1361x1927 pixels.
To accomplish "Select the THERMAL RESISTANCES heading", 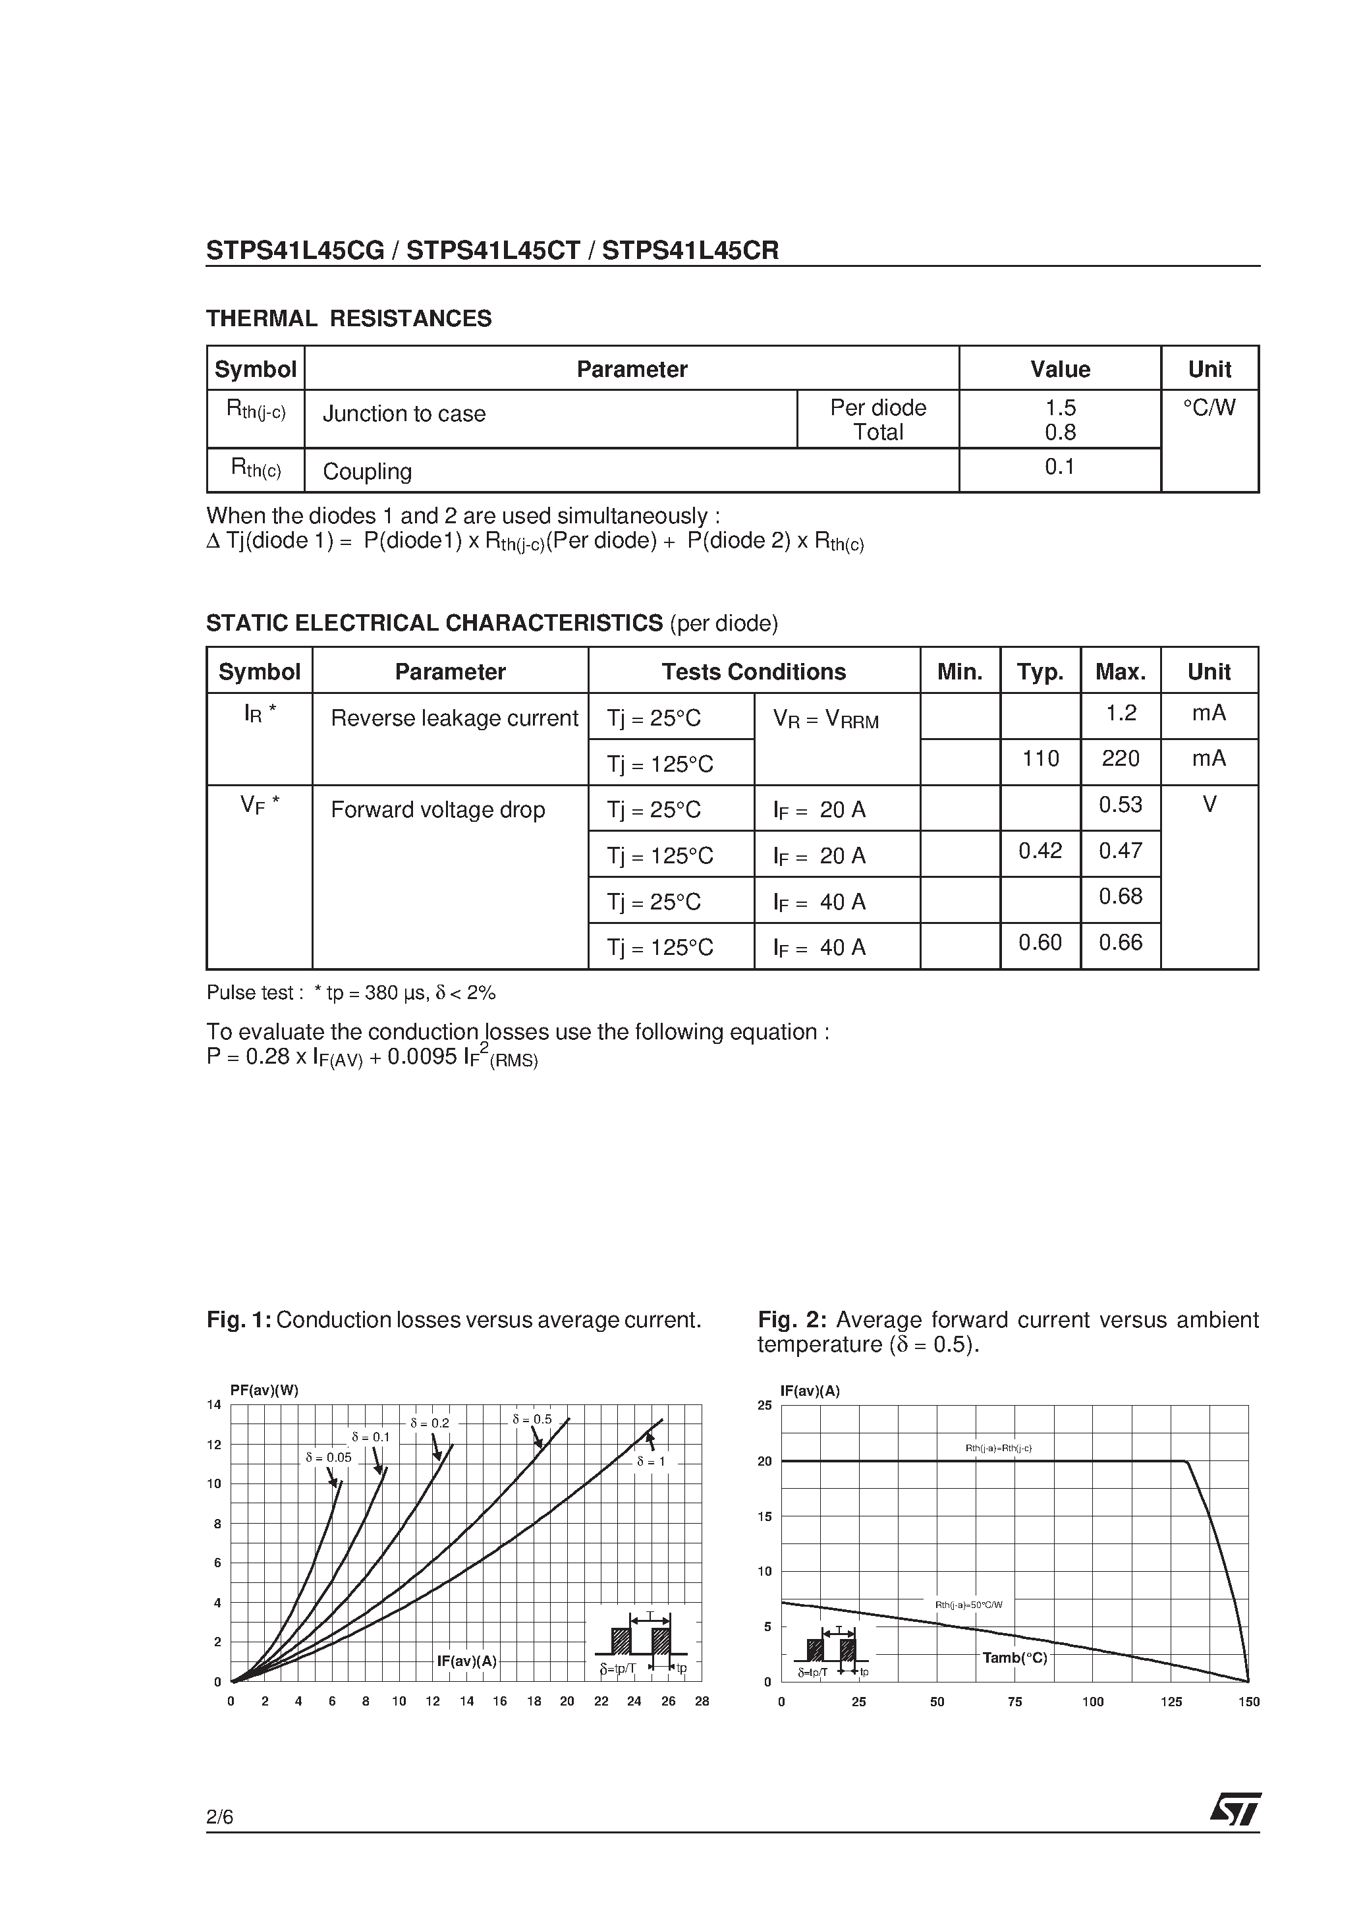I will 349,319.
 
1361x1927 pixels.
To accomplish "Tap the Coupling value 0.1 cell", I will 1060,467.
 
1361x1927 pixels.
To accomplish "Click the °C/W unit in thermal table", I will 1209,408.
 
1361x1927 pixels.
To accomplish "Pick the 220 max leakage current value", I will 1120,759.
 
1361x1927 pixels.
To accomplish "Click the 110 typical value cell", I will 1040,759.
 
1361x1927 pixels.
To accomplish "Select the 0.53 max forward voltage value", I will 1120,805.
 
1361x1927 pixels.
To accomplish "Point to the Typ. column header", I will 1040,672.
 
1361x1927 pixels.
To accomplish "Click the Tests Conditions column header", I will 754,672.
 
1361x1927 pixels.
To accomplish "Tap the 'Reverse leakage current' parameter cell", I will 454,718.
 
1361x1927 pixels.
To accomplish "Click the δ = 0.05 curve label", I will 328,1458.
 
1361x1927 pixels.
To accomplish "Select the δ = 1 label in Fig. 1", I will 651,1461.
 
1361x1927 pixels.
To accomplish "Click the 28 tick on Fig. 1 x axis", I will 702,1701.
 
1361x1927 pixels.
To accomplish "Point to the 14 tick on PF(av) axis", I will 214,1405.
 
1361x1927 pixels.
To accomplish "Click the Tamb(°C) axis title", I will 1014,1658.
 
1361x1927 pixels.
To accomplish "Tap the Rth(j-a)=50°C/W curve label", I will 969,1605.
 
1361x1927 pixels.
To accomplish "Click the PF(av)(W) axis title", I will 264,1390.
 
